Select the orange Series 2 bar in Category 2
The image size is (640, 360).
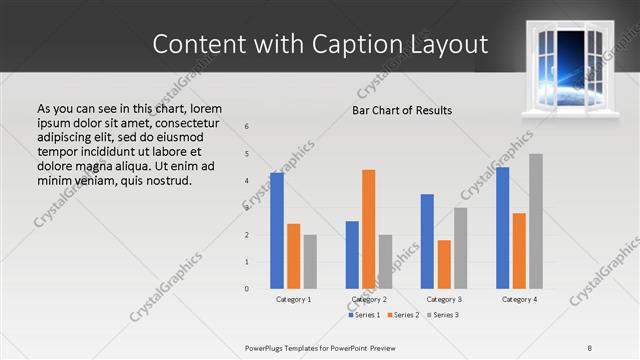pos(368,229)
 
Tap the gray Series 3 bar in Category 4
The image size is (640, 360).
pos(536,221)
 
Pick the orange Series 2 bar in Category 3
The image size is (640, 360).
pos(444,264)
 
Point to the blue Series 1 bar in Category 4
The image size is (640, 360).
pos(502,227)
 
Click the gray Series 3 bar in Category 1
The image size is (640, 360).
pos(310,261)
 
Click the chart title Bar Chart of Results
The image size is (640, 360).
pos(402,110)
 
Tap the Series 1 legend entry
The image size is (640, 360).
pos(364,315)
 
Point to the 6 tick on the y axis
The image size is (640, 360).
pos(247,126)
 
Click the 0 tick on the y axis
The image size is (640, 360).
pos(247,289)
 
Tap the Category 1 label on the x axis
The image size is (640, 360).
pos(294,299)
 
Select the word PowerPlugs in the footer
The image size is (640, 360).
pos(269,347)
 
